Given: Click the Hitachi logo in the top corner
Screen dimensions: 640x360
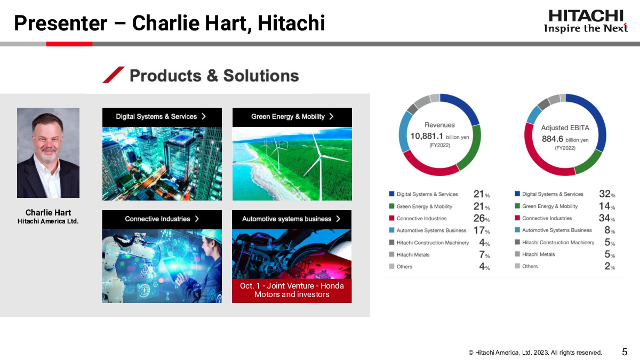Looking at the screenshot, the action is (586, 21).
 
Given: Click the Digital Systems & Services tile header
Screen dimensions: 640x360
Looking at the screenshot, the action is (162, 117).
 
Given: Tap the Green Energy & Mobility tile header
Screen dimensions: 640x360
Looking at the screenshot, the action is (292, 117).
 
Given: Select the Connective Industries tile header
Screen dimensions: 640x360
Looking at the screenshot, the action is (162, 219).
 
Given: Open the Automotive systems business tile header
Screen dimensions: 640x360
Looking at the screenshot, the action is (292, 219).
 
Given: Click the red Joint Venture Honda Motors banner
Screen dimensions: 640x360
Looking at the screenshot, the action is (292, 290).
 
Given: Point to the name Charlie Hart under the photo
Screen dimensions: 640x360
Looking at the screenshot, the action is (49, 213).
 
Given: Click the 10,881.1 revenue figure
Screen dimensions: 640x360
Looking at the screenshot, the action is (427, 137).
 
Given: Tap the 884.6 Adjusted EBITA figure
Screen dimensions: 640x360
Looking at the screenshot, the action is (553, 139).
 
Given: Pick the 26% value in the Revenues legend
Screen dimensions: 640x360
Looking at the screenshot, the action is (482, 219).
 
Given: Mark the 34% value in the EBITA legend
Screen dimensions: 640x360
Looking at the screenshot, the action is (607, 218).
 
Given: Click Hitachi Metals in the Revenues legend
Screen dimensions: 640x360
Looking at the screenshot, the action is (413, 254).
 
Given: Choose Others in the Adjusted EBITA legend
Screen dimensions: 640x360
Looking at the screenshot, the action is (530, 266).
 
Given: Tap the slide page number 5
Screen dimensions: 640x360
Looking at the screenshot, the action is (625, 351).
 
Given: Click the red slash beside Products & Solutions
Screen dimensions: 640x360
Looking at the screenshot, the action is (114, 75).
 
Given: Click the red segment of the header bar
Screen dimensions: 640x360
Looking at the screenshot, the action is (69, 44).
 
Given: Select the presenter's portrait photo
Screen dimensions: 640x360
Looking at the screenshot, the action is (49, 153).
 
